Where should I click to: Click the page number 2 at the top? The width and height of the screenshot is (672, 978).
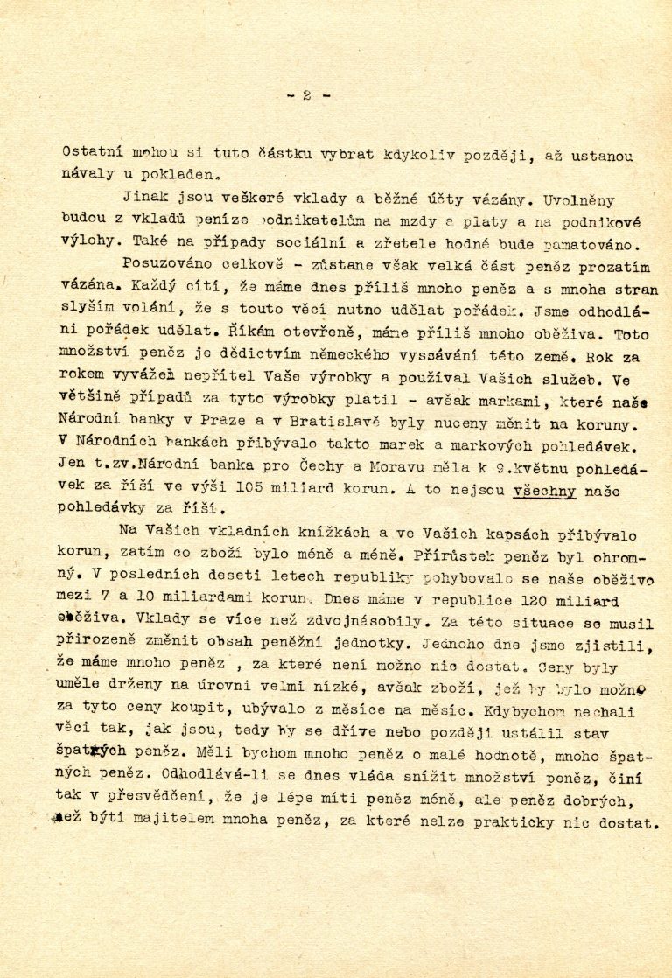[306, 95]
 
